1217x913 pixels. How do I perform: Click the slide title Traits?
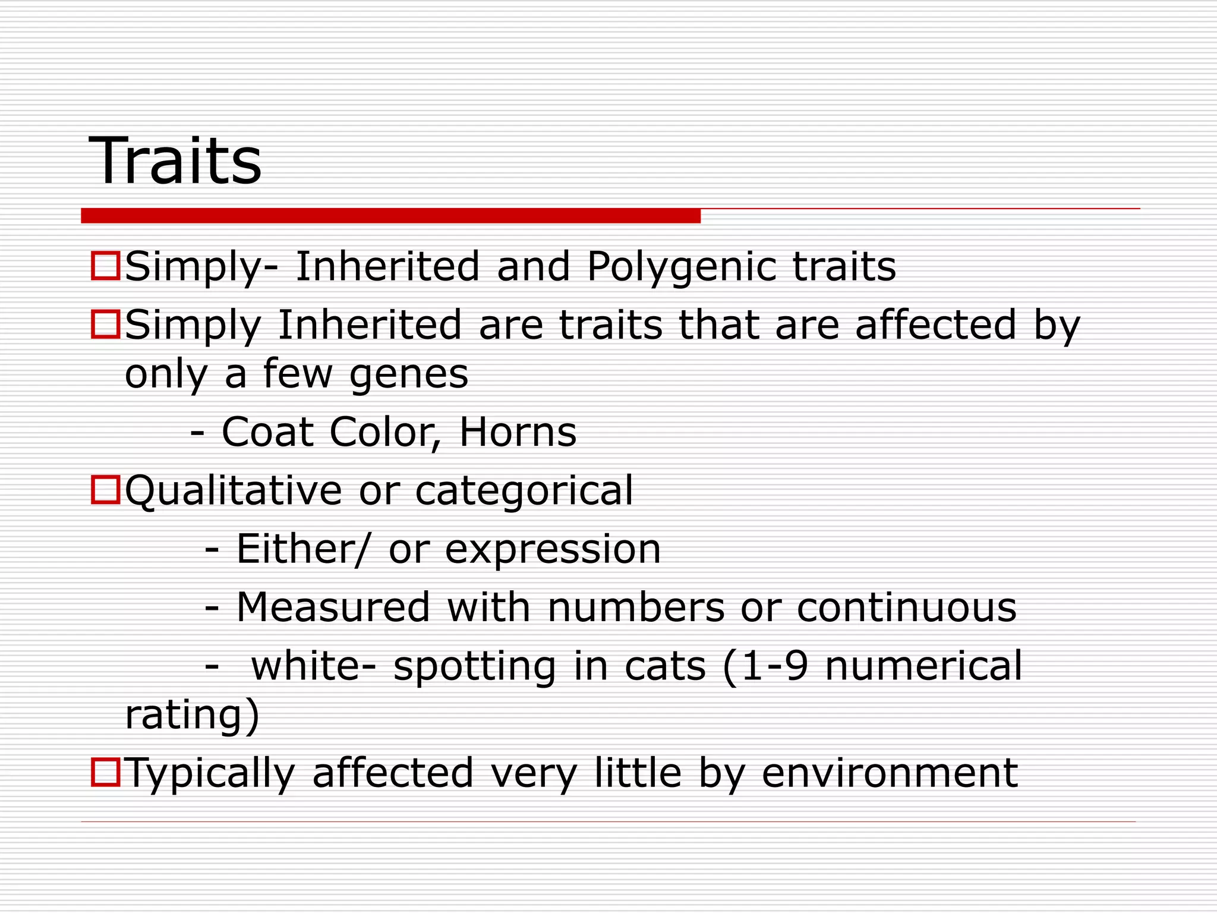coord(175,160)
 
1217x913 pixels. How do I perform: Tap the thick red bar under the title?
coord(390,215)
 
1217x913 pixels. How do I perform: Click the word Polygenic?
coord(682,266)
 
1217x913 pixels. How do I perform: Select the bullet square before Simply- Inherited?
coord(106,265)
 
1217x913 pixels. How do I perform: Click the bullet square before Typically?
coord(106,772)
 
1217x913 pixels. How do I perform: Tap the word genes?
coord(409,374)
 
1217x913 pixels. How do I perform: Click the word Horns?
coord(518,432)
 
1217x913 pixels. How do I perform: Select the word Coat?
coord(267,432)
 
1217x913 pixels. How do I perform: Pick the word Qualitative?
coord(234,490)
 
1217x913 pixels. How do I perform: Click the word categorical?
coord(524,490)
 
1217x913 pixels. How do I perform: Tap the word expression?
coord(553,549)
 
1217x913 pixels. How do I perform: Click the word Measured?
coord(333,607)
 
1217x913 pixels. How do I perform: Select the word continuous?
coord(906,607)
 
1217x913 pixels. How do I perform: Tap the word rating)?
coord(192,714)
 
